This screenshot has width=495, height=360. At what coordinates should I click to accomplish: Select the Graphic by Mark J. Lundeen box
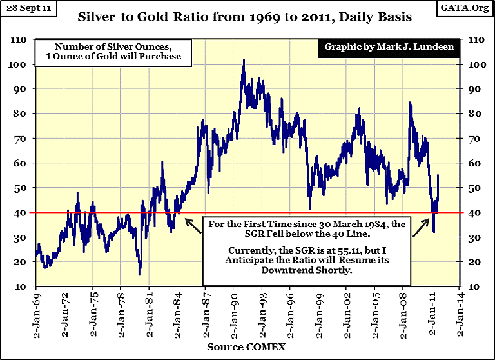tap(384, 47)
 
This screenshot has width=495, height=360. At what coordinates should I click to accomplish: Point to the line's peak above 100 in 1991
tap(243, 60)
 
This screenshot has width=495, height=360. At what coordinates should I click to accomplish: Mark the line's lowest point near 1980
tap(139, 275)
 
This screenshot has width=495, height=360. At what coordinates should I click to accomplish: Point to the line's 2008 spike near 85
tap(409, 103)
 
